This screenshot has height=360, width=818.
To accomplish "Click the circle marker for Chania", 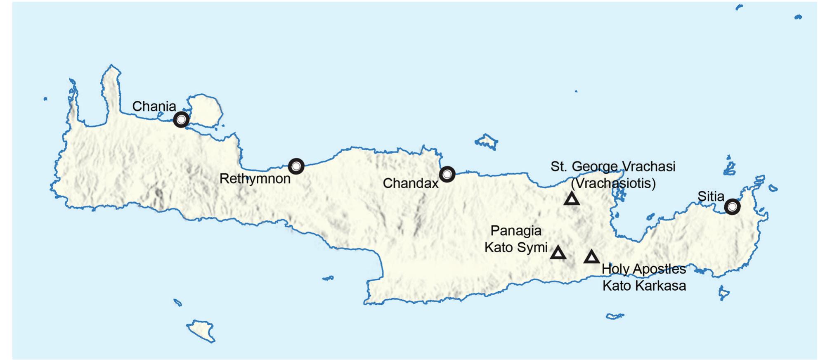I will [181, 120].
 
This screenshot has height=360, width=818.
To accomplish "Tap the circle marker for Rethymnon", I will [296, 166].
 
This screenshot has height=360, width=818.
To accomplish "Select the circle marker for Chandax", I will [447, 174].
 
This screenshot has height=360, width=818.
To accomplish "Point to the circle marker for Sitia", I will [732, 207].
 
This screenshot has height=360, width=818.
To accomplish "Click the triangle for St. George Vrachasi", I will [572, 199].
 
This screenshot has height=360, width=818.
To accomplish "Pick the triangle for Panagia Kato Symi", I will [558, 253].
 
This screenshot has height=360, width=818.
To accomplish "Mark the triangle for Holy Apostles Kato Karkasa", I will [591, 257].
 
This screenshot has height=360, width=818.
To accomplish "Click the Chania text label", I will [154, 107].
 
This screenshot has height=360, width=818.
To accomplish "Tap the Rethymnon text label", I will [255, 179].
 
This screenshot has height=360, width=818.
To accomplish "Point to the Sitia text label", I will [711, 197].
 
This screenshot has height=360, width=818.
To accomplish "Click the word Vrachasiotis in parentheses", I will [613, 183].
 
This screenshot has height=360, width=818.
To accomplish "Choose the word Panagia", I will [515, 231].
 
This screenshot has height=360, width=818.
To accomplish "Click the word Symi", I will [532, 248].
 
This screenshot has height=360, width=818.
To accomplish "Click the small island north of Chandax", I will [486, 141].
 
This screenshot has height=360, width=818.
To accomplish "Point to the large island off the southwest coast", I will [202, 329].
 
